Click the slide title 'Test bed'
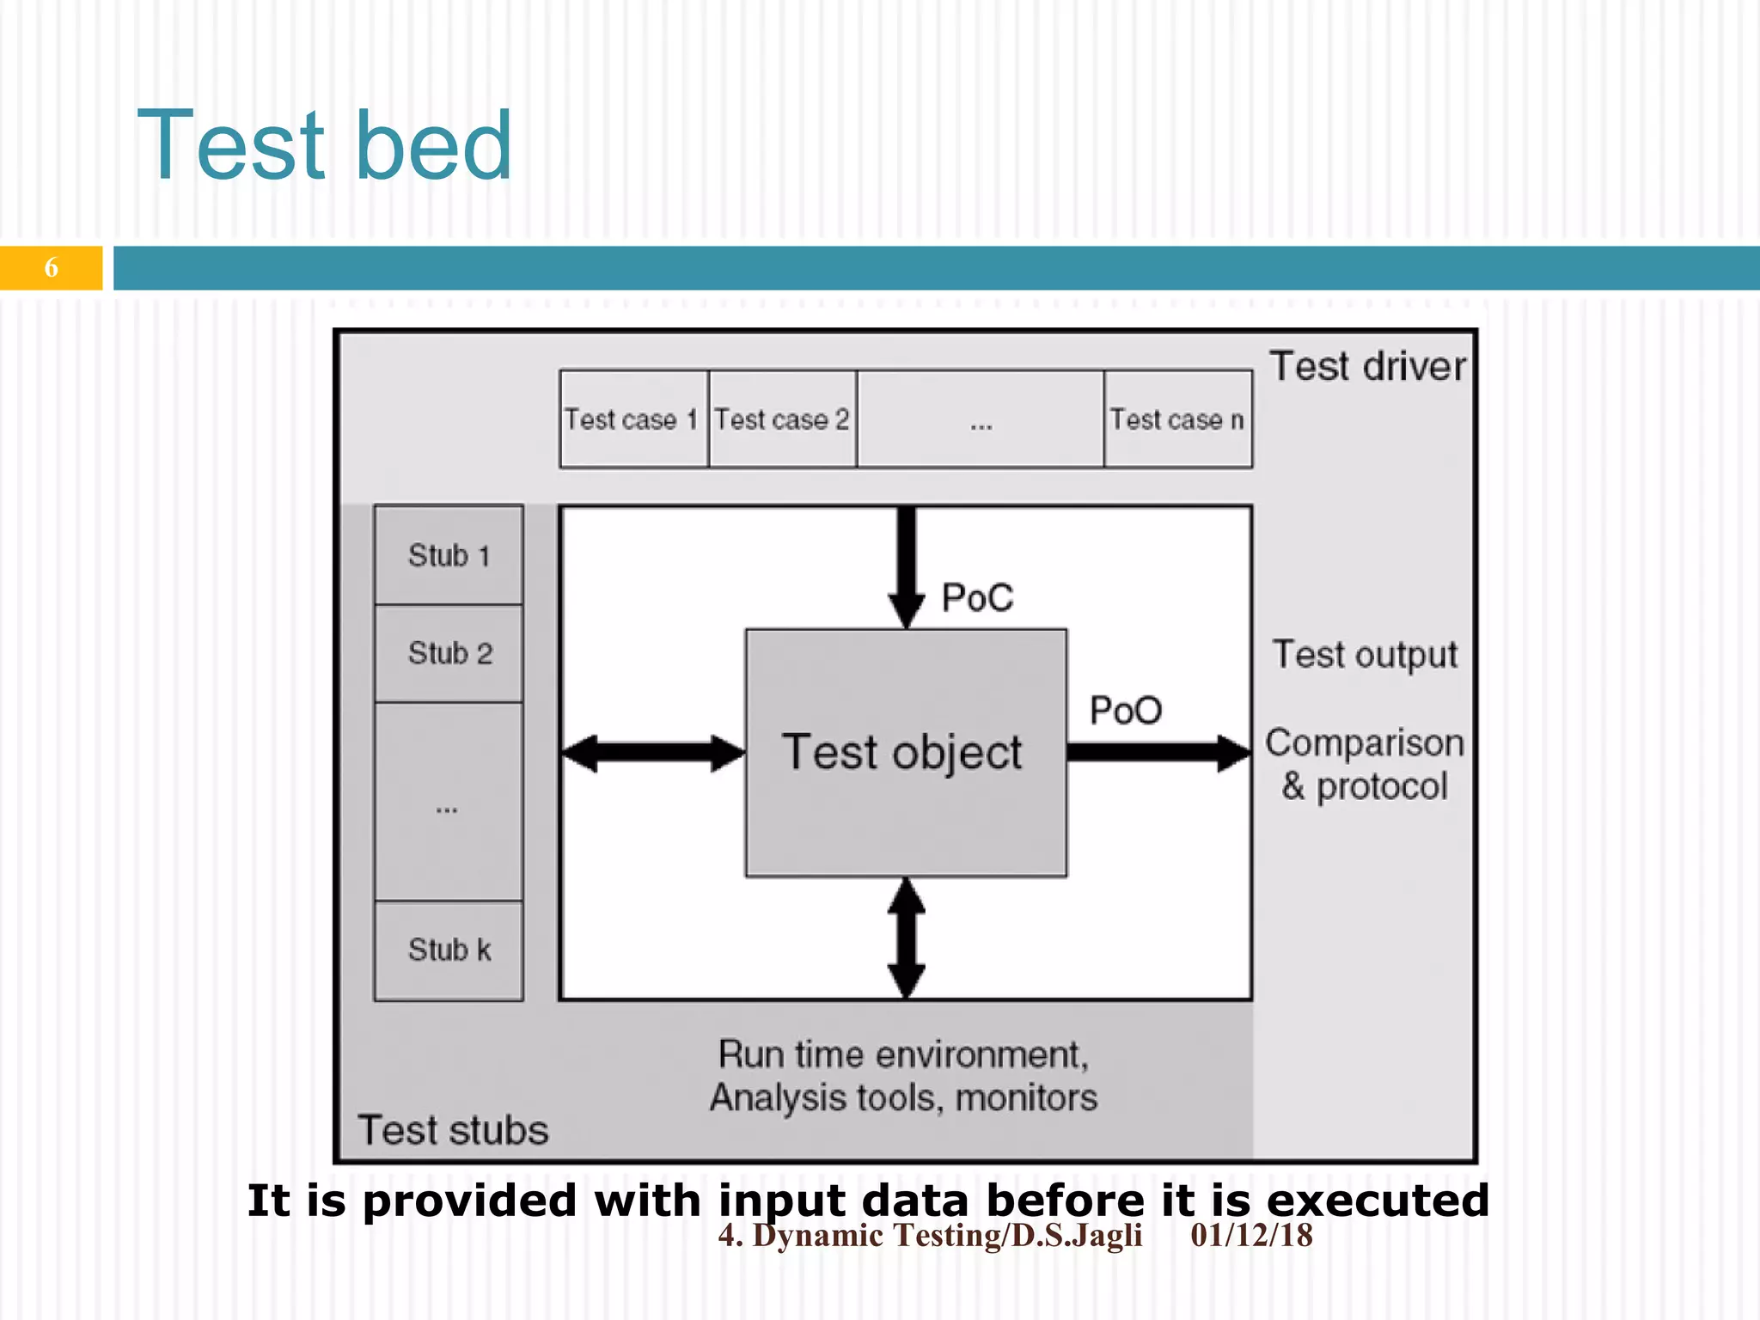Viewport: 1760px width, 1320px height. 325,146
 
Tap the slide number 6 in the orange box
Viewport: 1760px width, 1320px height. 51,268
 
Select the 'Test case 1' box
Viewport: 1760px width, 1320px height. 632,419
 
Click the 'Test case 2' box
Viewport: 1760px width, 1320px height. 782,419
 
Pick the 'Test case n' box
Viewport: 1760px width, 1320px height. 1177,419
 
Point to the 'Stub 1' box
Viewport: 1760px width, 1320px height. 449,555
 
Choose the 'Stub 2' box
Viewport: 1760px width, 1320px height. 449,653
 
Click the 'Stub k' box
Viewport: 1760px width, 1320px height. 449,950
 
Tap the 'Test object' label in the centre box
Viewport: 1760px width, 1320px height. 902,753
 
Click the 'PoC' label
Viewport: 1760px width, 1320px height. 977,597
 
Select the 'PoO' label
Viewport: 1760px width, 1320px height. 1126,711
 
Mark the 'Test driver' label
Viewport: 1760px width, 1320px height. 1367,367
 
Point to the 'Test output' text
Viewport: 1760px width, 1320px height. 1365,655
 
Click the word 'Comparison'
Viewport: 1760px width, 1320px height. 1365,743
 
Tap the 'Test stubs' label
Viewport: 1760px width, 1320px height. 453,1130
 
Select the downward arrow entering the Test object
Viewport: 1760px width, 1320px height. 906,567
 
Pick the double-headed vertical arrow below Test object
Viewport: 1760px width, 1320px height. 906,938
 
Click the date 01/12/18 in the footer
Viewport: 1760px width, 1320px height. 1251,1236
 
